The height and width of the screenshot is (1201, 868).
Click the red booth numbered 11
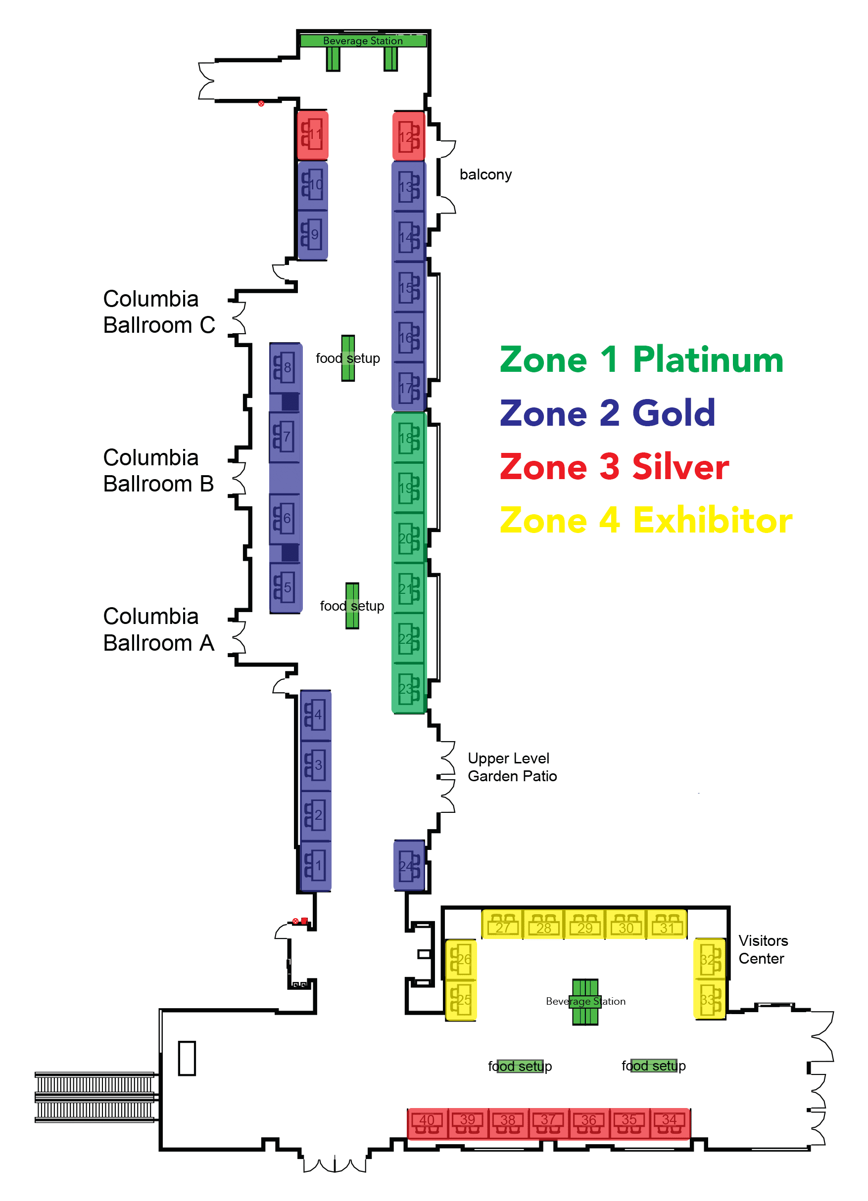click(x=312, y=135)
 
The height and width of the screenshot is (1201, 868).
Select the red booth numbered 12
click(x=408, y=136)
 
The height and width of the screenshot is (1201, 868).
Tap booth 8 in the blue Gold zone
click(x=285, y=367)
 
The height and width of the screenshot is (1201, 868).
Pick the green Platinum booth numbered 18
click(x=409, y=438)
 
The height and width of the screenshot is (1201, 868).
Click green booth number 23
click(x=409, y=688)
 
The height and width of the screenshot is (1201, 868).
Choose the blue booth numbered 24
click(x=409, y=866)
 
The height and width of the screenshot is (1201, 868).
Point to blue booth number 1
click(x=316, y=866)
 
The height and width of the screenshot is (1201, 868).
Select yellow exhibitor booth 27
click(x=502, y=925)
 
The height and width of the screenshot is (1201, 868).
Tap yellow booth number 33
click(x=710, y=999)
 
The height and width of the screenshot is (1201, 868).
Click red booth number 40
click(x=427, y=1122)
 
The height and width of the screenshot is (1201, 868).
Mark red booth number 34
click(x=670, y=1122)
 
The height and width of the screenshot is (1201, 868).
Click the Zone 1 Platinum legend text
click(x=641, y=360)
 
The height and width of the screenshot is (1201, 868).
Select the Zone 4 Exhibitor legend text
click(x=645, y=521)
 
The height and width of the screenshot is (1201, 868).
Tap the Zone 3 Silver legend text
click(x=614, y=467)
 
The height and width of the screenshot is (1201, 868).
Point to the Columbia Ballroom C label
click(x=159, y=312)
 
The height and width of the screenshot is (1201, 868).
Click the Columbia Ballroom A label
click(x=158, y=629)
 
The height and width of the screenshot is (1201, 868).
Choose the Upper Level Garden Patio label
click(x=512, y=767)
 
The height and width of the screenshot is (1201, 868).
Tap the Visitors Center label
click(x=763, y=949)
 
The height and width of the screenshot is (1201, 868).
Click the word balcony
click(x=485, y=175)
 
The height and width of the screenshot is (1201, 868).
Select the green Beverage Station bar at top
click(x=363, y=41)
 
